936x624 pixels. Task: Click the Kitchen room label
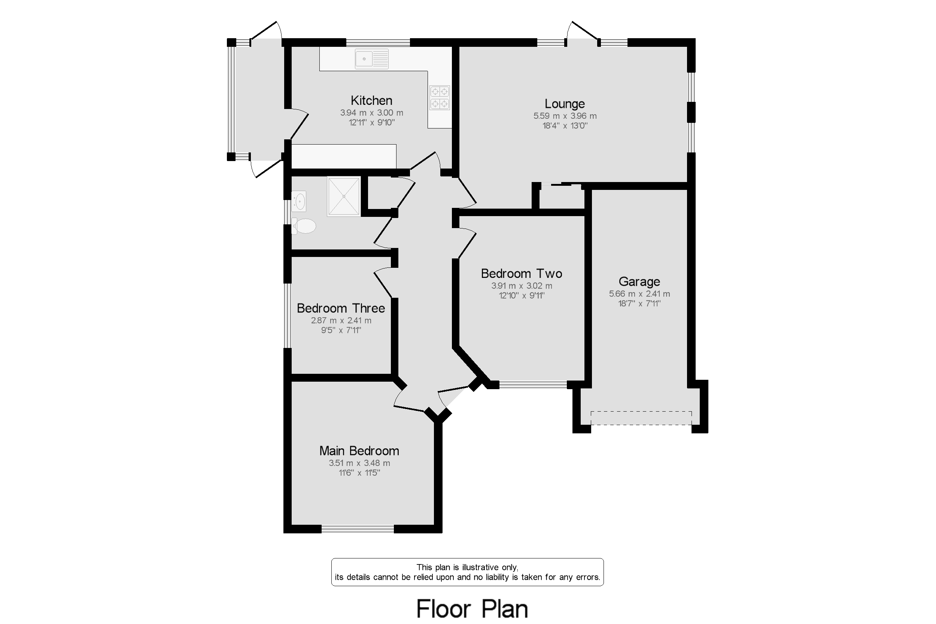371,100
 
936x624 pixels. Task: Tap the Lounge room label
565,103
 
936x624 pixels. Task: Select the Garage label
639,281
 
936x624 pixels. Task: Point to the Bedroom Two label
521,273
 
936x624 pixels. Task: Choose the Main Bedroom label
359,451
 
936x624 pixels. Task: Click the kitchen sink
371,59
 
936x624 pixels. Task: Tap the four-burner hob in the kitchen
440,97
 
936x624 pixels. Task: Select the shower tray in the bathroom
344,197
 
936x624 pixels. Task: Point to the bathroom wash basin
299,202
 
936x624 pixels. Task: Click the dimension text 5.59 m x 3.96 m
565,116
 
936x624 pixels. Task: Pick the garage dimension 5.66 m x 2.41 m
639,294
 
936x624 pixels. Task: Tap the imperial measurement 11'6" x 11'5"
359,473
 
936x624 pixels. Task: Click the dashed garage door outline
641,418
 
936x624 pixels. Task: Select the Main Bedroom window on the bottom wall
358,529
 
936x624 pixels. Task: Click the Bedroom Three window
287,316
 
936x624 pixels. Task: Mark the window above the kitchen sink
378,43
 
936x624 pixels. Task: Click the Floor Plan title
472,609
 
